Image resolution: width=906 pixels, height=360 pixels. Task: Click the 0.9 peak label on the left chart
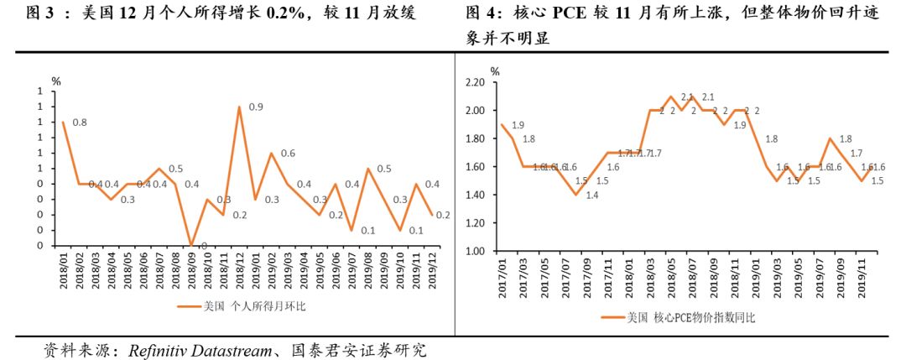pos(256,107)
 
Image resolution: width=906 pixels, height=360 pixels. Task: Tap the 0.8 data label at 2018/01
pos(80,123)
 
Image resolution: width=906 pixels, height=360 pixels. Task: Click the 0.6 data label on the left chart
pos(288,154)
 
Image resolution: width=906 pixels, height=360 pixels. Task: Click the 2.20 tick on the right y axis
pos(475,82)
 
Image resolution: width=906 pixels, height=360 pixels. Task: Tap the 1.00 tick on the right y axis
pos(475,251)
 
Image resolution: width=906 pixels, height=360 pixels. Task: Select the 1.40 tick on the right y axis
pos(475,195)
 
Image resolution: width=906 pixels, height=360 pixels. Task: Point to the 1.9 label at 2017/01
pos(518,125)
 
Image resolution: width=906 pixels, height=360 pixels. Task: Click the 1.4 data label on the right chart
pos(591,196)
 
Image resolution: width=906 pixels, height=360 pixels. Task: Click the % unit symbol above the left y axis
pos(56,81)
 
